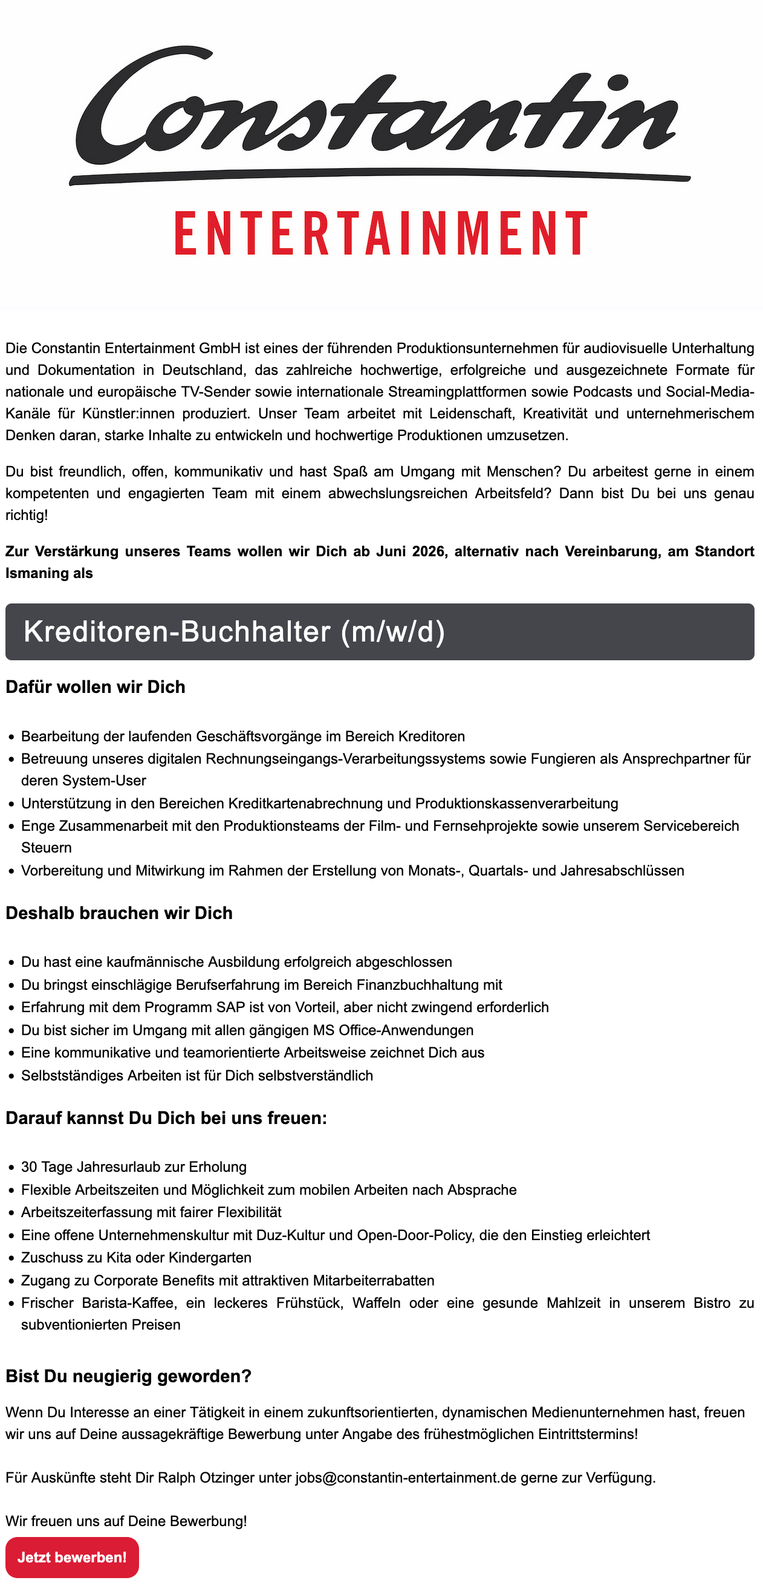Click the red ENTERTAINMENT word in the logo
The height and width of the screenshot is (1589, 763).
coord(380,233)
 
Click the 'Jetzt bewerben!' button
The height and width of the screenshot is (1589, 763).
coord(72,1557)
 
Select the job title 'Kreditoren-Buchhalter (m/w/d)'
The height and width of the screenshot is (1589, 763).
coord(235,632)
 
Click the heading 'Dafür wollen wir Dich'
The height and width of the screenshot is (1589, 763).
coord(96,687)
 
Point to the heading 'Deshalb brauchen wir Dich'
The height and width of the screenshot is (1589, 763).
coord(119,913)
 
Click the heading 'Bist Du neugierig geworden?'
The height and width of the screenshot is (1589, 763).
coord(128,1376)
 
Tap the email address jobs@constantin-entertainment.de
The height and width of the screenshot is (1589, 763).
coord(405,1477)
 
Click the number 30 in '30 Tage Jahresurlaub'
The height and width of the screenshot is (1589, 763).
coord(29,1166)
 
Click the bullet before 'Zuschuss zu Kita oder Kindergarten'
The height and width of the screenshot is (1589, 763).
coord(11,1258)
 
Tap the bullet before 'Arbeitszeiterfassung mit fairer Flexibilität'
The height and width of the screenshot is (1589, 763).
coord(11,1213)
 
